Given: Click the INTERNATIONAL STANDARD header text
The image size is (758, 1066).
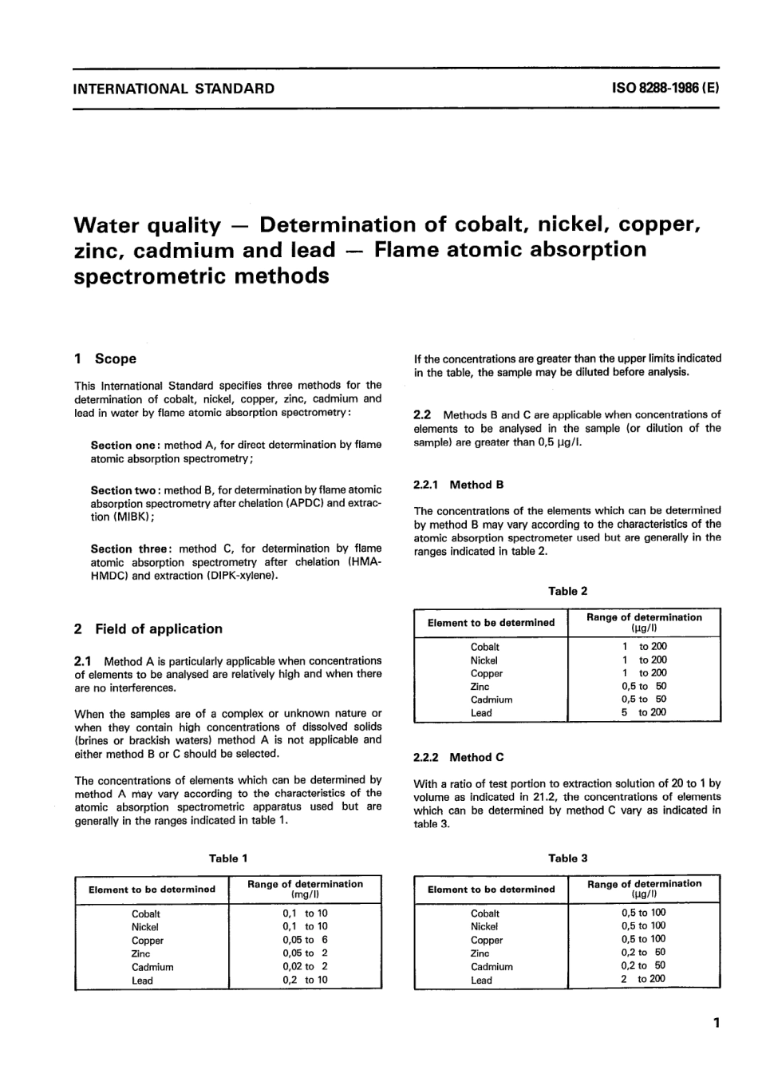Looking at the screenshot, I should point(173,89).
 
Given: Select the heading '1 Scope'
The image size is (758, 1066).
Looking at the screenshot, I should point(105,359).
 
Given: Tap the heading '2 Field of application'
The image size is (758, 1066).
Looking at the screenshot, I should point(148,629).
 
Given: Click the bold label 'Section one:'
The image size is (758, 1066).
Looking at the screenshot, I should point(125,445).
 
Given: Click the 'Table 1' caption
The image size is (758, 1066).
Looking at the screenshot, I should point(228,858).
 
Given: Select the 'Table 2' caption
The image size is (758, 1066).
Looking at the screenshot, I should point(567,592).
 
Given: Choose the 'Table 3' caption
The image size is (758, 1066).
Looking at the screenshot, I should point(567,858).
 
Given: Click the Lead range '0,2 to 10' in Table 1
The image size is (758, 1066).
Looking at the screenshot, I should point(305,980).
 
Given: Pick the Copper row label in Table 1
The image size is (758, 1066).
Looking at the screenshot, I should point(147,941).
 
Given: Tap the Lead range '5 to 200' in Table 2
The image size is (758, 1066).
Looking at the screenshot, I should point(644,712).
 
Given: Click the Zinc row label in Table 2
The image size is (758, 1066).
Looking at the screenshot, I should point(480,687).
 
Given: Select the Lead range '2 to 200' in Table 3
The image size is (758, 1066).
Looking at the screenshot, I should point(643,979).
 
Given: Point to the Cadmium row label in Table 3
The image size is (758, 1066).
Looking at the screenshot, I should point(492,966).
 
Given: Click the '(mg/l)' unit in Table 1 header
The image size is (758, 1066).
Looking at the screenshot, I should point(305,895).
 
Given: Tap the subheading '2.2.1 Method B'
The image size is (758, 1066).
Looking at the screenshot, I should point(459,485).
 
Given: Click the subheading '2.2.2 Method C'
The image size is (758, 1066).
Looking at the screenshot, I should point(459,757).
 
